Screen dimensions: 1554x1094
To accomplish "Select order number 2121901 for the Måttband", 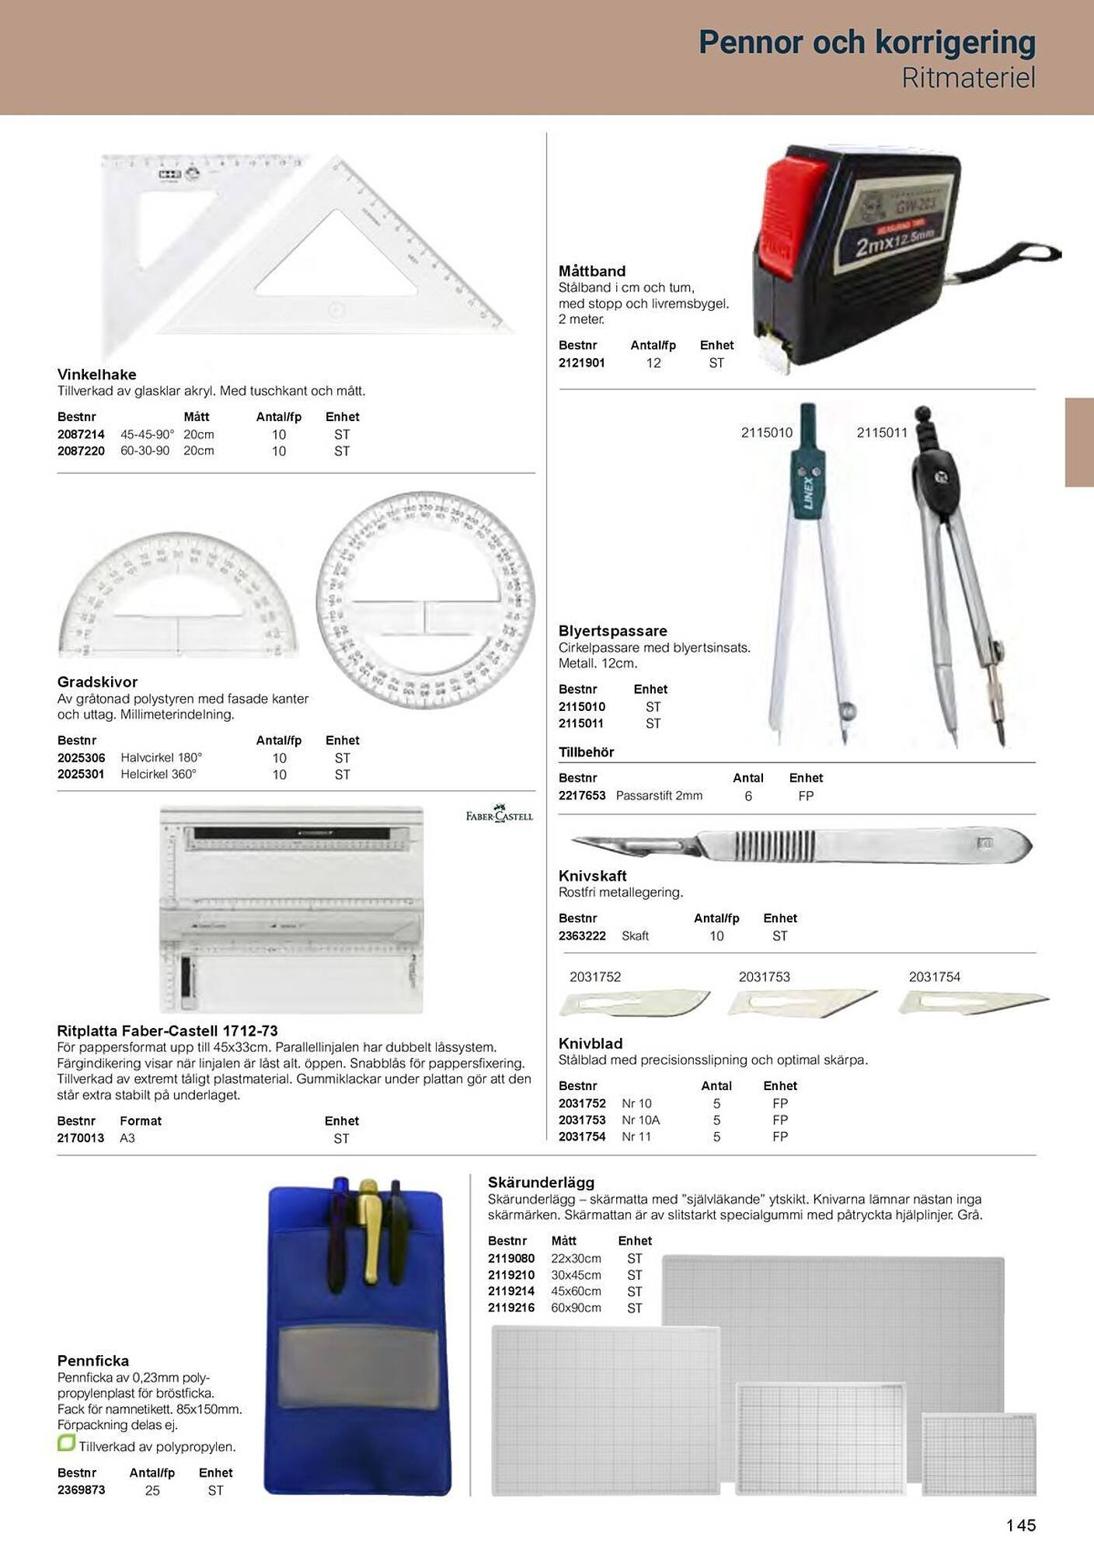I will tap(581, 363).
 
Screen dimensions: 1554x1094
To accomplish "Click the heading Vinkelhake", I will tap(96, 375).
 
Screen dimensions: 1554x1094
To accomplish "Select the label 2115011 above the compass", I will tap(882, 433).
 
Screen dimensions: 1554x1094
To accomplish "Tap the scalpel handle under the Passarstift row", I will tap(800, 845).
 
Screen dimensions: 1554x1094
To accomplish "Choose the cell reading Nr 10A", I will tap(640, 1120).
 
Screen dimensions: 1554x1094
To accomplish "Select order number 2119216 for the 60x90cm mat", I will tap(511, 1308).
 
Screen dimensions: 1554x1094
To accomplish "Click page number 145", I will tap(1021, 1525).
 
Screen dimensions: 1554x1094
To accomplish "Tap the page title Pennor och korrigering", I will tap(866, 42).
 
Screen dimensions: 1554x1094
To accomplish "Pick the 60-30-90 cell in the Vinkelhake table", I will tap(145, 451).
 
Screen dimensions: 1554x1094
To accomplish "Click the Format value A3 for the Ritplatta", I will tap(127, 1138).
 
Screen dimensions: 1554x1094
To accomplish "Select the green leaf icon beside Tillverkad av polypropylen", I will tap(66, 1444).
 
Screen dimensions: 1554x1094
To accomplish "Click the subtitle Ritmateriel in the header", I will tap(968, 78).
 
